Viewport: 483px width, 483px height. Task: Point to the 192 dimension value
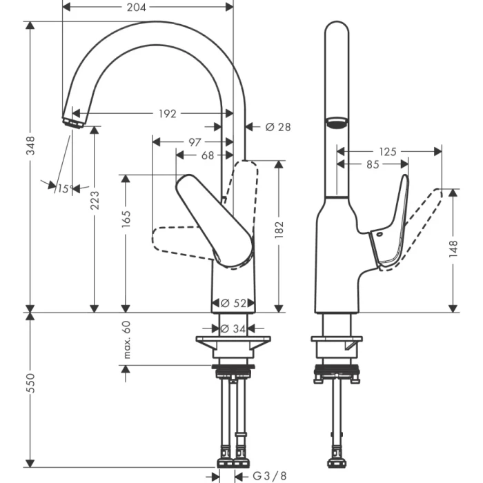click(x=168, y=113)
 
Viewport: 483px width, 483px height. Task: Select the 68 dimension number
click(x=207, y=156)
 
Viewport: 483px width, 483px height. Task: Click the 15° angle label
click(x=63, y=188)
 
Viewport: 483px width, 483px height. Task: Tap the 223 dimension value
click(x=94, y=201)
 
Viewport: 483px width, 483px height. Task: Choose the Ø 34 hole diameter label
click(x=234, y=329)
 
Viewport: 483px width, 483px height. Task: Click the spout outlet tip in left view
click(x=71, y=122)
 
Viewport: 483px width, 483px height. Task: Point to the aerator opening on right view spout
click(x=336, y=124)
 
